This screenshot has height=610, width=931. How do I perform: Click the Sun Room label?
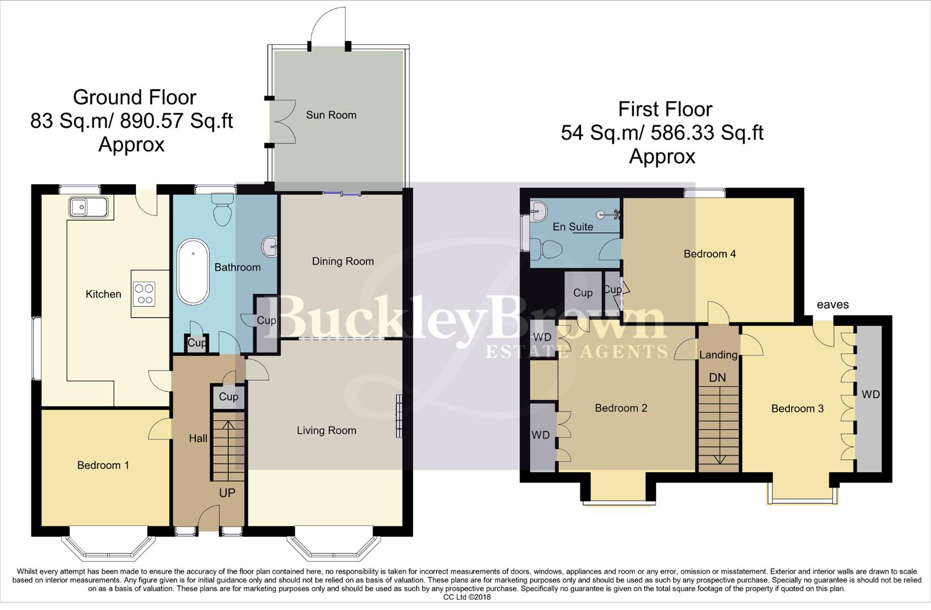point(331,115)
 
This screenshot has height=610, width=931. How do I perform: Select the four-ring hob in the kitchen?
point(144,294)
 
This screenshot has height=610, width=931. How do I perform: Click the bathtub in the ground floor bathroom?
point(193,272)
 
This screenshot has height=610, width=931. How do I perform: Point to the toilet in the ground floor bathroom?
point(221,210)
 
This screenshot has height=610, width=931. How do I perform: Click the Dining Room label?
point(343,262)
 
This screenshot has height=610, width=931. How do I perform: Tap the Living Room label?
point(326,431)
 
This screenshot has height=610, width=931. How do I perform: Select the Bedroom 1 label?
point(103,465)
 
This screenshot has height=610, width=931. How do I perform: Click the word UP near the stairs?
point(227,493)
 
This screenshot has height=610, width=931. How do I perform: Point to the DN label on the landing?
point(717,377)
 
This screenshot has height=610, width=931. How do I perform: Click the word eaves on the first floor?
point(833,305)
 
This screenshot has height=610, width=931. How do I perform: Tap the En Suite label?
point(572,227)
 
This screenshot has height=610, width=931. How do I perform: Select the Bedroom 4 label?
point(709,254)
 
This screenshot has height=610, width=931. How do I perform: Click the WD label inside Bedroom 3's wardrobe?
point(871,395)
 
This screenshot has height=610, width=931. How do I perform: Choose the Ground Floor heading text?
point(134,98)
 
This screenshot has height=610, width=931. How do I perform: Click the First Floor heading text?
point(665,109)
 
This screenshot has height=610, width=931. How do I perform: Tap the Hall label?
point(198,438)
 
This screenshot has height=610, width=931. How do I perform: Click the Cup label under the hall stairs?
point(228,397)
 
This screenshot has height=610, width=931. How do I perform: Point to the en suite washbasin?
point(538,212)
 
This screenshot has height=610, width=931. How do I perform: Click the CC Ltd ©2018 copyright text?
point(466,597)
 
